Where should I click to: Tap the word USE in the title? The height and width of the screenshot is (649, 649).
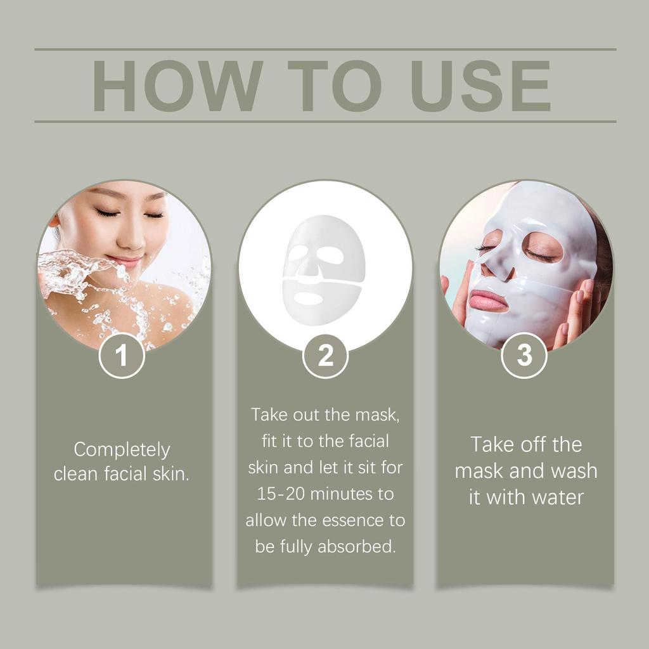coord(480,86)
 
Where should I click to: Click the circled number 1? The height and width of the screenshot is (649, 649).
coord(122,356)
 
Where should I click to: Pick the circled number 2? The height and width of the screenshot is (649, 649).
coord(325,356)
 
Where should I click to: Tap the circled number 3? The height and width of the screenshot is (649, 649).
coord(524,356)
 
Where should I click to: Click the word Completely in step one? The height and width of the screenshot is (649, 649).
coord(122,449)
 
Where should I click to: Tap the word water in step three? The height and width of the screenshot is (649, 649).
coord(557,497)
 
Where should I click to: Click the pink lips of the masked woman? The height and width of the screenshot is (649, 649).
coord(489,301)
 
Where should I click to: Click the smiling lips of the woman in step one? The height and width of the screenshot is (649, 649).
coord(125,260)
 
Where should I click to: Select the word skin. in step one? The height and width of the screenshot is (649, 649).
coord(170,474)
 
